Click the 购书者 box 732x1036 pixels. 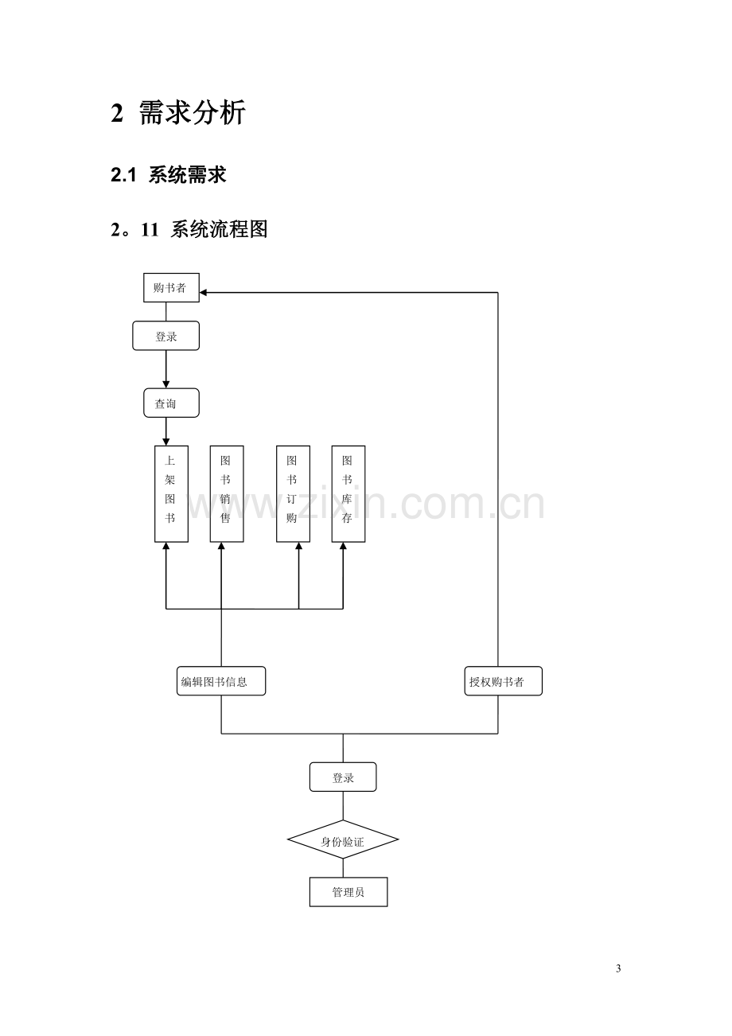pyautogui.click(x=171, y=288)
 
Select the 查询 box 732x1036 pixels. pyautogui.click(x=171, y=403)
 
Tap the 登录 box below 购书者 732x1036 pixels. pyautogui.click(x=166, y=336)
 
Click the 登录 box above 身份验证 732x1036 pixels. pyautogui.click(x=343, y=777)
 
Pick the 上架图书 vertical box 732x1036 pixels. pyautogui.click(x=172, y=494)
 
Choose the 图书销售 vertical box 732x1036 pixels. pyautogui.click(x=227, y=494)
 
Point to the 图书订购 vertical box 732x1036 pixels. pyautogui.click(x=293, y=494)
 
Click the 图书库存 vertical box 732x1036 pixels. pyautogui.click(x=348, y=494)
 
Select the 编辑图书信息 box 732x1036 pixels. pyautogui.click(x=221, y=681)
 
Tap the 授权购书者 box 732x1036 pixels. pyautogui.click(x=503, y=681)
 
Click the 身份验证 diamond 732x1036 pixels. pyautogui.click(x=343, y=839)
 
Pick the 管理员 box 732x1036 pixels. pyautogui.click(x=348, y=892)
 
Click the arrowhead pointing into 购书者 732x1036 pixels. pyautogui.click(x=203, y=292)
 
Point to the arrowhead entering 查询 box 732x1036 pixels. pyautogui.click(x=166, y=385)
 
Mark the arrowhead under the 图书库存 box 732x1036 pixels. pyautogui.click(x=343, y=546)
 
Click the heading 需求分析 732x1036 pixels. pyautogui.click(x=192, y=112)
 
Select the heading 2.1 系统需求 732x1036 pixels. pyautogui.click(x=169, y=175)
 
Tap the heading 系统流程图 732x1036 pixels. pyautogui.click(x=219, y=229)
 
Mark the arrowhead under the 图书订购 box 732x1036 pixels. pyautogui.click(x=298, y=546)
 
